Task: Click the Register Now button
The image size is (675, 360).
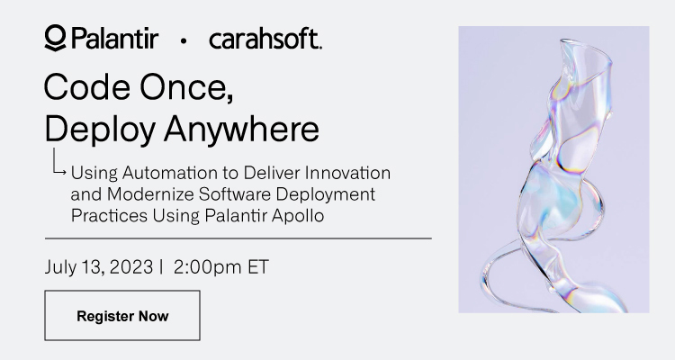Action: click(122, 315)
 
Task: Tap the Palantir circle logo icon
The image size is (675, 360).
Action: click(55, 38)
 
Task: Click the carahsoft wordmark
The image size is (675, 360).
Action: click(265, 39)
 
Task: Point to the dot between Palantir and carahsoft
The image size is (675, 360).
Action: click(184, 40)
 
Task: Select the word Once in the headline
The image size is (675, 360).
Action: click(186, 87)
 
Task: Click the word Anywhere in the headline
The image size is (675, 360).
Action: click(241, 130)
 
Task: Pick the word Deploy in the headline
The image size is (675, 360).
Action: click(100, 130)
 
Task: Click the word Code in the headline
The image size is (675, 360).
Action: click(87, 87)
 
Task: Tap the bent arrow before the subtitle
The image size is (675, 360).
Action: click(58, 162)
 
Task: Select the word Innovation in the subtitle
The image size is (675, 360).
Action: click(347, 173)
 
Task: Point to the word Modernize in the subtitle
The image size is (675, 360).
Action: click(150, 194)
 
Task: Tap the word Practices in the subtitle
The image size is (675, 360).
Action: click(109, 215)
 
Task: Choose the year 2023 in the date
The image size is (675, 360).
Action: click(131, 267)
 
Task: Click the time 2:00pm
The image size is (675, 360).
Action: click(208, 267)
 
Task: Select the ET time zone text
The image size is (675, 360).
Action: click(258, 267)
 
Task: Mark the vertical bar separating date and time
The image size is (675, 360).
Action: click(161, 267)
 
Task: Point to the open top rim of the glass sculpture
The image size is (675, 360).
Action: click(586, 48)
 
